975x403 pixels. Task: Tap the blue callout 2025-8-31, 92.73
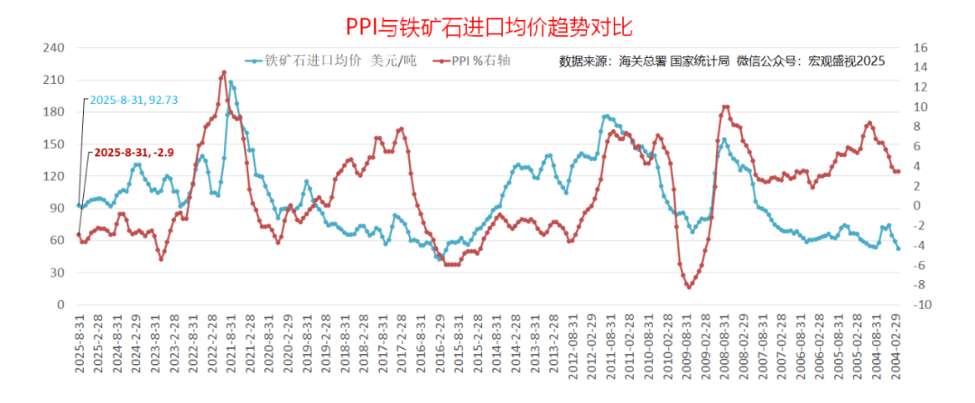(x=134, y=99)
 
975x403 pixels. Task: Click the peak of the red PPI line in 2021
(x=224, y=72)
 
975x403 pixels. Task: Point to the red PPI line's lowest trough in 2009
(x=689, y=286)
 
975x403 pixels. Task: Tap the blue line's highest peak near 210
(x=231, y=82)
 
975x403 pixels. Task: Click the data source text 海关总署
(x=642, y=61)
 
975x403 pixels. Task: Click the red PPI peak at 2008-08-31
(x=726, y=107)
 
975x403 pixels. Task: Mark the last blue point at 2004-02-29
(x=897, y=248)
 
